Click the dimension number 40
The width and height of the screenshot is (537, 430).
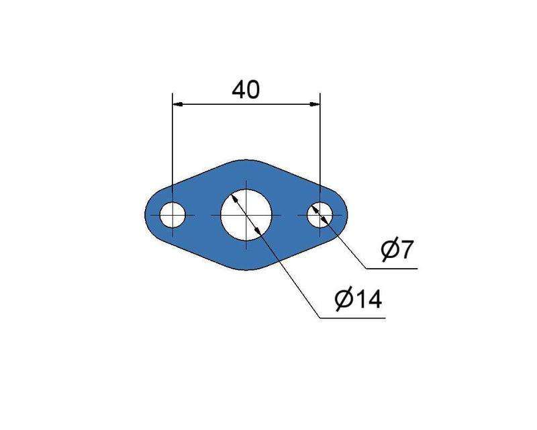246,90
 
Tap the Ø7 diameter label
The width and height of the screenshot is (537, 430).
397,250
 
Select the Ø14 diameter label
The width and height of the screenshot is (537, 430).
358,300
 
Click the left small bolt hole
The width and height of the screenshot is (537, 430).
173,215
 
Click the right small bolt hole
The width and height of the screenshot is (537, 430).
320,215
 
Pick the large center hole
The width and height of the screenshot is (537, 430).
246,215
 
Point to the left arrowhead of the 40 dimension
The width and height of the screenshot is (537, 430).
177,104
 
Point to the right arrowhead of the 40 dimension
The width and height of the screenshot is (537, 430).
315,104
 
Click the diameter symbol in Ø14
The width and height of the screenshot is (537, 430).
344,300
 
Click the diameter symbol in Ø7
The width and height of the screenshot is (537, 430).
390,251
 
